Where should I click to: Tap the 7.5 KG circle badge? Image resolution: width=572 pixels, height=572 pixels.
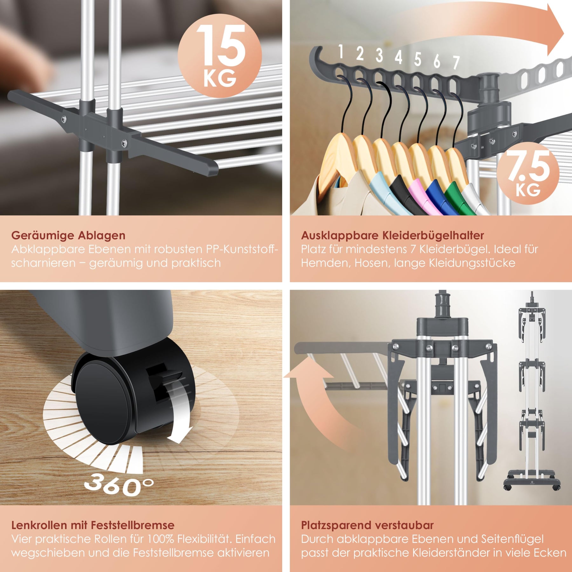point(528,174)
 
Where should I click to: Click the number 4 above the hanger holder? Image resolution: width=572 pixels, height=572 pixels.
point(398,57)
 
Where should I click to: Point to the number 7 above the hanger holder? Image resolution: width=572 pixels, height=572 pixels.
point(456,62)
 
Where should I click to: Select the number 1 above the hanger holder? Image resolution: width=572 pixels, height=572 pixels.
point(341,51)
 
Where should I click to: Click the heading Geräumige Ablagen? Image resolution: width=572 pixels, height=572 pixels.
point(68,235)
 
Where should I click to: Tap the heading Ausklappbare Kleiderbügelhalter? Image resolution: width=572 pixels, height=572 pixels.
point(392,235)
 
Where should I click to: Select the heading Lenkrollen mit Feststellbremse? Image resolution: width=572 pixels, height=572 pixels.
point(93,525)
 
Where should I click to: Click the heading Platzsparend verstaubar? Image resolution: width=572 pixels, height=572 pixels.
point(367,525)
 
